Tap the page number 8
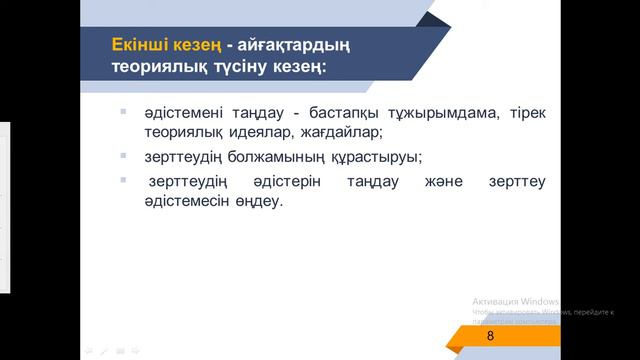click(490, 337)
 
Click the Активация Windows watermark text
click(516, 301)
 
